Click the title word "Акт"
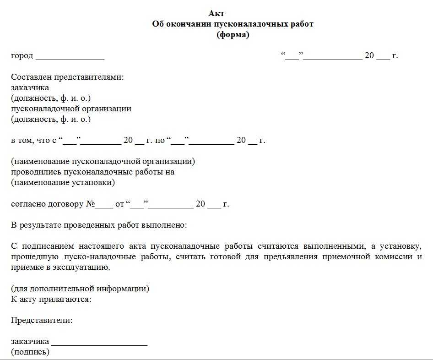click(x=216, y=13)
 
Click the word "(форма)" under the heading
click(x=233, y=35)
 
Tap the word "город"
click(x=22, y=56)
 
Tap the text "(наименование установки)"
click(x=63, y=183)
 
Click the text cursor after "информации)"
click(x=149, y=289)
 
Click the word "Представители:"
click(x=42, y=321)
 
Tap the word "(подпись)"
click(x=30, y=352)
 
